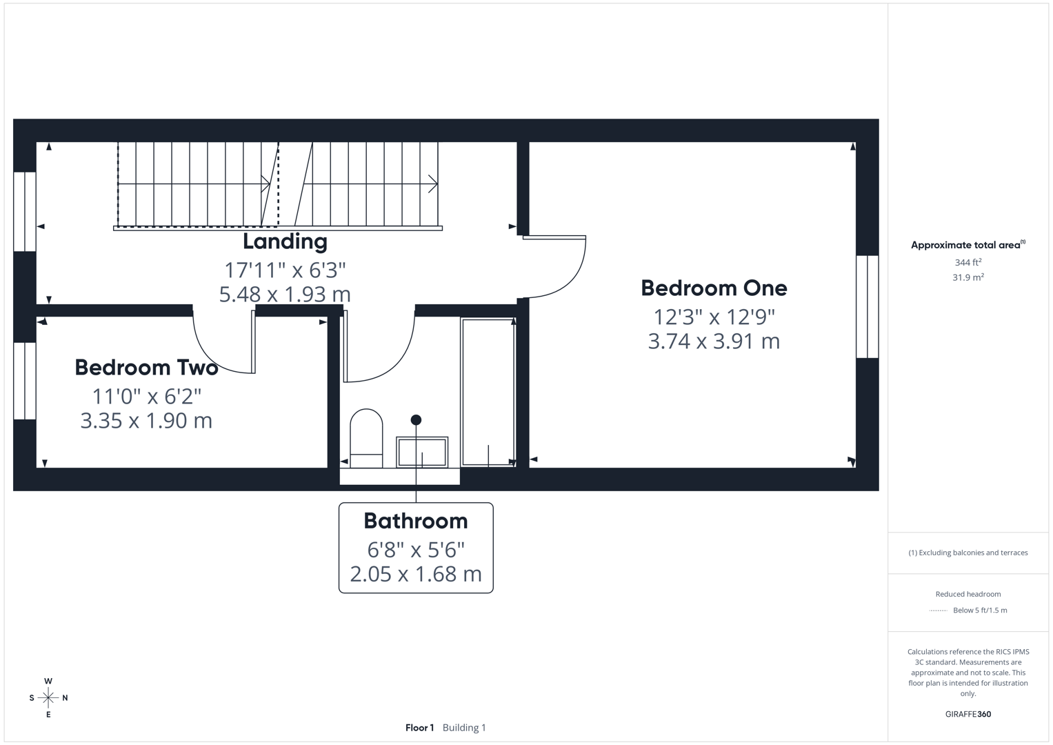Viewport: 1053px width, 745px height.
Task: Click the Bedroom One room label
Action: pyautogui.click(x=714, y=288)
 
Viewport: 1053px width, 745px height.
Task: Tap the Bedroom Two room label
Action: pyautogui.click(x=146, y=368)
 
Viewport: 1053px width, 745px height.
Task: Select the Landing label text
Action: pyautogui.click(x=285, y=241)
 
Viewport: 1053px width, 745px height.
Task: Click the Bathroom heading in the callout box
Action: pyautogui.click(x=416, y=521)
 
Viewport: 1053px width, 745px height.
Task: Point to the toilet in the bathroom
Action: pyautogui.click(x=366, y=438)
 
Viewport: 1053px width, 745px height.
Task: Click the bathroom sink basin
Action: pyautogui.click(x=422, y=453)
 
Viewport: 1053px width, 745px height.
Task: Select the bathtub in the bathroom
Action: pyautogui.click(x=488, y=392)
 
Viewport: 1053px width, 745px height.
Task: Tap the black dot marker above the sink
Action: pyautogui.click(x=416, y=419)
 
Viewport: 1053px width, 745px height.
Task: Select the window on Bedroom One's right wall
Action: pyautogui.click(x=867, y=306)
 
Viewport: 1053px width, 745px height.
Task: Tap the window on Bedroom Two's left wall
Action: pyautogui.click(x=25, y=381)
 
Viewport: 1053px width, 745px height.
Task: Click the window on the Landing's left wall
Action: pyautogui.click(x=25, y=212)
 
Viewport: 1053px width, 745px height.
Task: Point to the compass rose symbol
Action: pyautogui.click(x=48, y=698)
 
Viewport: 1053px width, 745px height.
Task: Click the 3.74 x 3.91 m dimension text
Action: pyautogui.click(x=714, y=341)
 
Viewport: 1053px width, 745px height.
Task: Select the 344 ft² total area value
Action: pyautogui.click(x=967, y=262)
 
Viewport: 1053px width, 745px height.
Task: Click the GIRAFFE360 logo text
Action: pyautogui.click(x=967, y=714)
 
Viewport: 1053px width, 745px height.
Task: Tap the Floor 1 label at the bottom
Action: pyautogui.click(x=419, y=728)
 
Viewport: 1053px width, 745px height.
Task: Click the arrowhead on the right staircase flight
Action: pyautogui.click(x=433, y=184)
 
